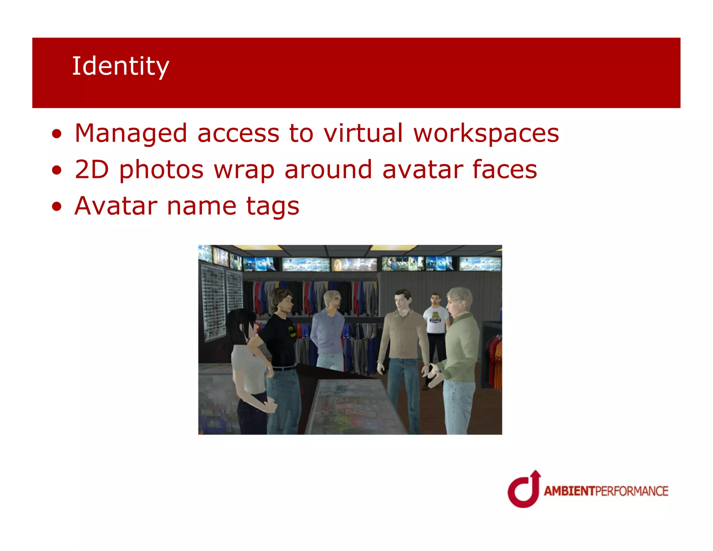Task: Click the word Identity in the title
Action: (x=120, y=66)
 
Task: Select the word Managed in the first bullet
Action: (x=131, y=134)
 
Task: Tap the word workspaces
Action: (x=486, y=133)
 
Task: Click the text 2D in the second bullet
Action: (x=92, y=169)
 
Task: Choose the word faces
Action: (x=504, y=169)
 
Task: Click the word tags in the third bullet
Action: (x=273, y=206)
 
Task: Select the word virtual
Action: (x=363, y=133)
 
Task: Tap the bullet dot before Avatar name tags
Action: (x=57, y=207)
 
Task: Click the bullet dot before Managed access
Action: (x=57, y=134)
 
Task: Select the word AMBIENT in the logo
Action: (x=569, y=491)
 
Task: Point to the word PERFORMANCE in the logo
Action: (x=632, y=491)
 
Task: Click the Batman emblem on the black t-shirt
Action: (x=292, y=331)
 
